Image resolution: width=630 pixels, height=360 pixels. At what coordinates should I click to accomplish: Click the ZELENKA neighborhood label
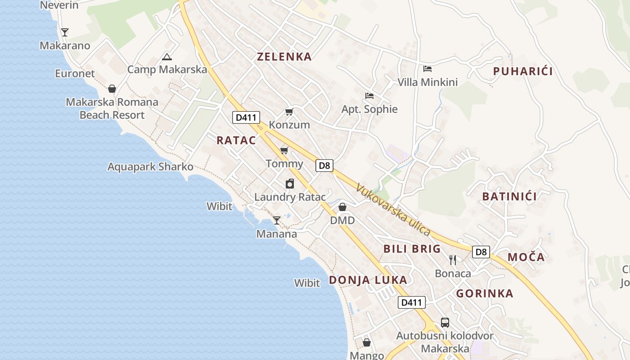[284, 57]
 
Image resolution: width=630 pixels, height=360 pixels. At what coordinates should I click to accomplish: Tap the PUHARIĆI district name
[522, 72]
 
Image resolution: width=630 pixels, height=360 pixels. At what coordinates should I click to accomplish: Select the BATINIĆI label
[509, 197]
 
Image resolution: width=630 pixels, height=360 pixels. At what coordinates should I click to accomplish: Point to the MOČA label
[526, 257]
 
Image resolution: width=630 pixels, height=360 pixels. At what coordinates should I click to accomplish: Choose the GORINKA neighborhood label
[485, 294]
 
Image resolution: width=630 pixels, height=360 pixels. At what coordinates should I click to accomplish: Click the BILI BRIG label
[412, 249]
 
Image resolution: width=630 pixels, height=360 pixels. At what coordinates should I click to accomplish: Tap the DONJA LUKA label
[368, 280]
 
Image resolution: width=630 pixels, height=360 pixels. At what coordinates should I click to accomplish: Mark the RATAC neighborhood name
[236, 140]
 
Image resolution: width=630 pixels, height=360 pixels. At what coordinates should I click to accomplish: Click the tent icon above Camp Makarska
[167, 57]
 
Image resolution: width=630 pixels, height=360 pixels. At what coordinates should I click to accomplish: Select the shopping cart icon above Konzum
[289, 112]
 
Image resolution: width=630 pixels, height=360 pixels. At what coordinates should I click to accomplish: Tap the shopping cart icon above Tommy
[284, 150]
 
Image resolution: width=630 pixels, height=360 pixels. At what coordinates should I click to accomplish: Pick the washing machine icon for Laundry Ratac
[290, 184]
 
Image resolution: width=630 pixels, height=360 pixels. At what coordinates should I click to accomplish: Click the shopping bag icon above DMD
[342, 207]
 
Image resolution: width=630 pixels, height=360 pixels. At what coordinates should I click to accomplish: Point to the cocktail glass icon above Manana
[277, 220]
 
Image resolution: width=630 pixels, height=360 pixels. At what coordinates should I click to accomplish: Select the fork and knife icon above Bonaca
[453, 260]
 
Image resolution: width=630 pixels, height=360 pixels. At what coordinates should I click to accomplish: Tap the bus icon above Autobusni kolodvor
[445, 322]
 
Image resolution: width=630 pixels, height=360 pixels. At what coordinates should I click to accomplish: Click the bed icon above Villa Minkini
[427, 69]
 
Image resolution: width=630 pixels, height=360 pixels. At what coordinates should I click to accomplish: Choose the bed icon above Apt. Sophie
[369, 95]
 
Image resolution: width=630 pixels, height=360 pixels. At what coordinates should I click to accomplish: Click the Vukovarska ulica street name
[393, 210]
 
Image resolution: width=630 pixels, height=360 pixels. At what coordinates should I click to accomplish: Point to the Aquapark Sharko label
[150, 167]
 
